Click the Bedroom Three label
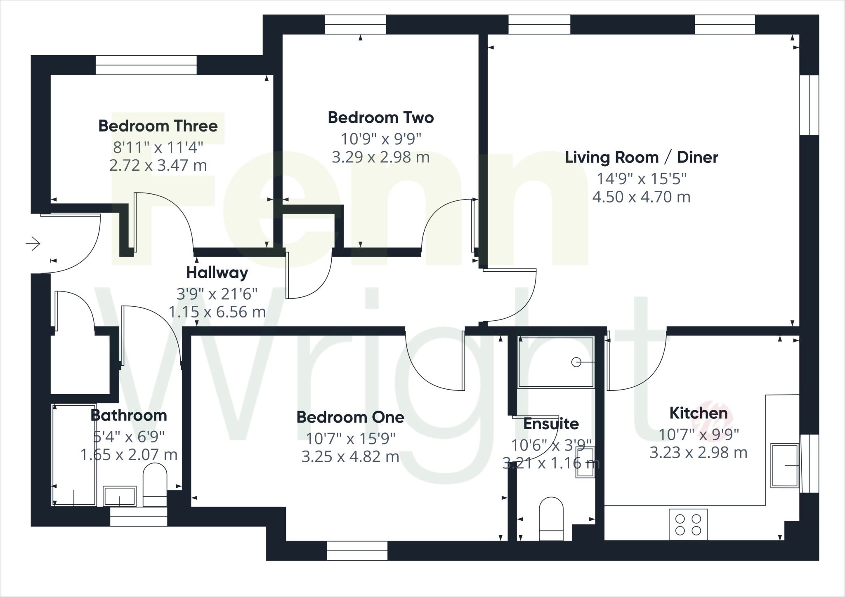click(x=158, y=126)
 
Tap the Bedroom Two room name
click(x=380, y=118)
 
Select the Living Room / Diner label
click(x=641, y=157)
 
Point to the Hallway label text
click(x=217, y=273)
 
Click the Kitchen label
click(x=698, y=413)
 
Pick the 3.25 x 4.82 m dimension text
click(x=350, y=457)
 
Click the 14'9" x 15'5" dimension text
click(x=641, y=179)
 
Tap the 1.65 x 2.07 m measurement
click(x=129, y=455)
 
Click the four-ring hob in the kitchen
click(x=688, y=524)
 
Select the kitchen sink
click(x=784, y=465)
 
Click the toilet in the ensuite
click(x=551, y=519)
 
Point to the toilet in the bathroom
click(x=155, y=484)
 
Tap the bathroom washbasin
click(x=119, y=496)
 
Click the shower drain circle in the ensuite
click(x=576, y=362)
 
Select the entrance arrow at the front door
click(x=33, y=244)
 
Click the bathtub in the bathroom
click(x=74, y=454)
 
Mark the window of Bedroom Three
click(x=146, y=65)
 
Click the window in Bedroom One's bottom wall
click(x=357, y=551)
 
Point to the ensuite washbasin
click(x=585, y=462)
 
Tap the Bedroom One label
click(x=350, y=417)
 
